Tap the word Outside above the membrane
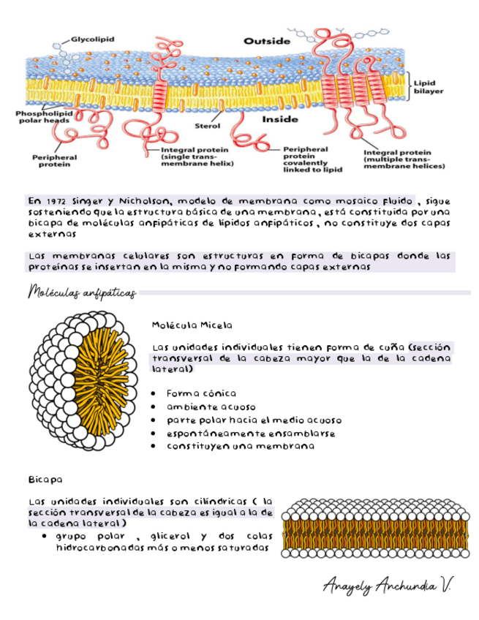265,42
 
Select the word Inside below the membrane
279,119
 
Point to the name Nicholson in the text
145,201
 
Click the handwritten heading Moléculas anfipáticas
81,293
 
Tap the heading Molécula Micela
192,324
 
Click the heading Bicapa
45,480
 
